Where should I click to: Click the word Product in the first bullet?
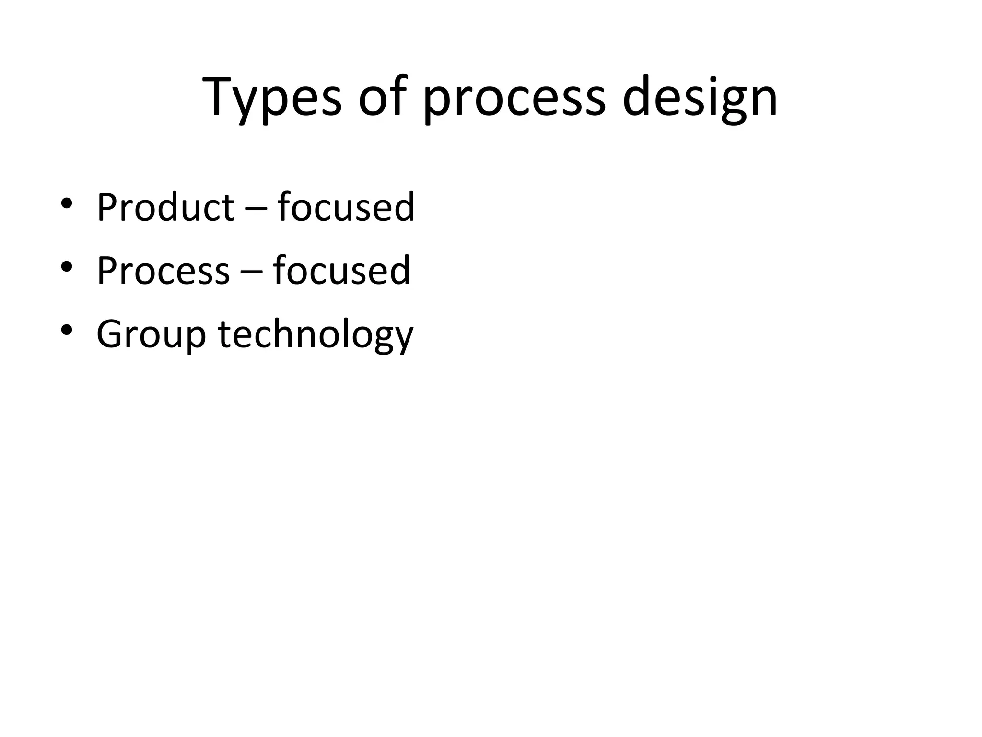tap(165, 207)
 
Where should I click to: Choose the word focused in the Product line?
tap(346, 207)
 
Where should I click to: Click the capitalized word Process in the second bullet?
tap(163, 271)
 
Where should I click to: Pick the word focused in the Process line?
tap(341, 271)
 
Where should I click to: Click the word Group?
tap(151, 334)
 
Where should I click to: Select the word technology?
tap(315, 334)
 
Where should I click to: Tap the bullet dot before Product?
tap(67, 203)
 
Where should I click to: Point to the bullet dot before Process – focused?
tap(67, 266)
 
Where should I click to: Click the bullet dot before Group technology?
tap(67, 330)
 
